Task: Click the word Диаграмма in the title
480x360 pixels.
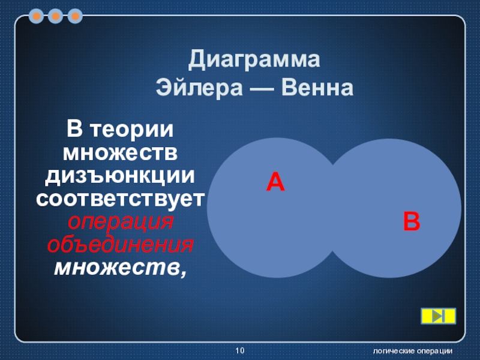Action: click(254, 59)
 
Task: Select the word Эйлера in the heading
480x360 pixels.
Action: click(199, 88)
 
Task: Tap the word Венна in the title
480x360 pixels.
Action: click(317, 88)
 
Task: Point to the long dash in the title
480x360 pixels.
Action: click(262, 89)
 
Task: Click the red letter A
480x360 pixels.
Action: click(275, 182)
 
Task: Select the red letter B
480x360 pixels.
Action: click(412, 221)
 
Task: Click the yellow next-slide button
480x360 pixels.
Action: click(439, 316)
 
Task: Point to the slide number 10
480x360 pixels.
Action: click(240, 350)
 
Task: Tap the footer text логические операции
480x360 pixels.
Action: click(413, 351)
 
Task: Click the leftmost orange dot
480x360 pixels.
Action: click(36, 16)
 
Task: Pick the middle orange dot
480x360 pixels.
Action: click(55, 16)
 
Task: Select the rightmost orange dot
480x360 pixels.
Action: click(75, 16)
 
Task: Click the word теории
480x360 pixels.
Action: click(132, 130)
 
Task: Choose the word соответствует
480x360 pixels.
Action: click(121, 199)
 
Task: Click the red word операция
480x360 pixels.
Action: click(121, 222)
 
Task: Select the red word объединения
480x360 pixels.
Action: click(120, 245)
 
